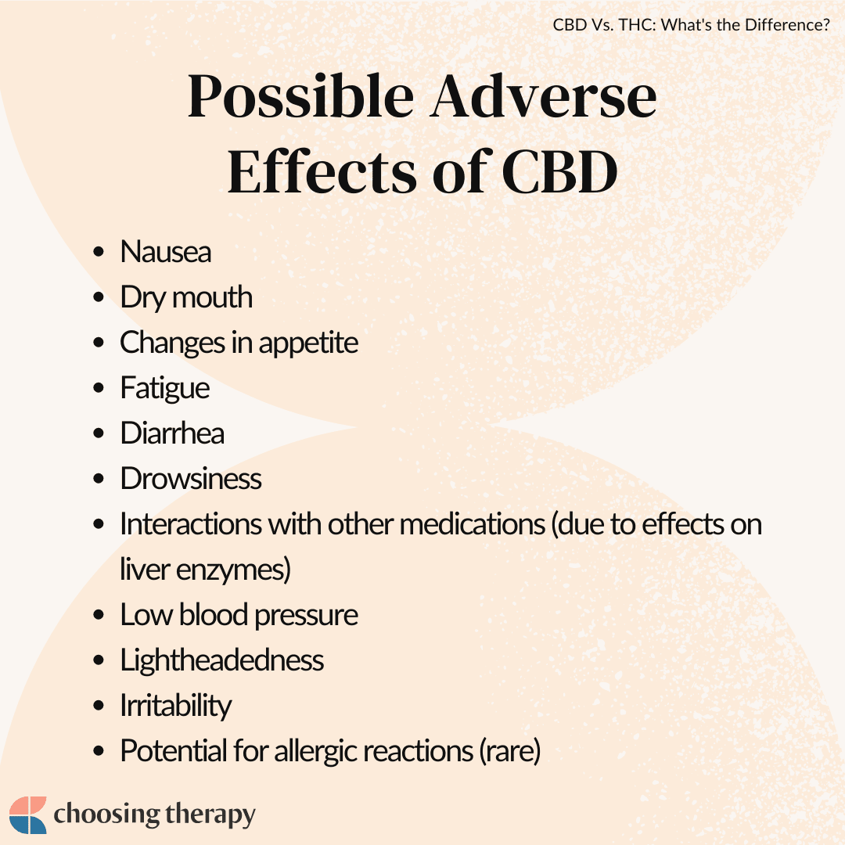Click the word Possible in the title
[300, 96]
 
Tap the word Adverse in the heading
[543, 96]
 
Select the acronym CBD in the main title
[560, 171]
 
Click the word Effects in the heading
[322, 171]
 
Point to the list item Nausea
[165, 252]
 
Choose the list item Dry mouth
[186, 297]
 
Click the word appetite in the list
[308, 343]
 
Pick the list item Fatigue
[165, 389]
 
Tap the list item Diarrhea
[172, 433]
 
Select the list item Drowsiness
[191, 479]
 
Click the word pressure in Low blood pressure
[306, 616]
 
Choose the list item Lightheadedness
[222, 660]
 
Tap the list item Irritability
[176, 706]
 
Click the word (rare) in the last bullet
[510, 751]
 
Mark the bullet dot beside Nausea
[98, 252]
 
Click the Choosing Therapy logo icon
[28, 814]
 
